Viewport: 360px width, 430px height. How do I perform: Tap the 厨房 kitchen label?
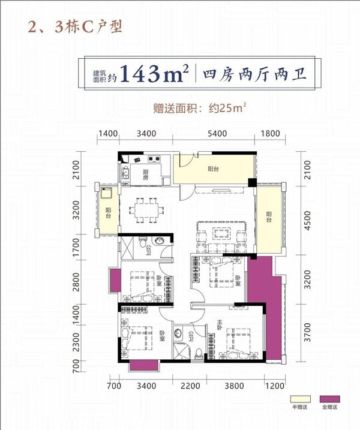[145, 175]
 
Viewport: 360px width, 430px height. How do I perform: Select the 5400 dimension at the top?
[217, 134]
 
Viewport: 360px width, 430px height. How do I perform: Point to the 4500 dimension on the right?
[308, 221]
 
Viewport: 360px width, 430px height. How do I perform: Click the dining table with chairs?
[147, 211]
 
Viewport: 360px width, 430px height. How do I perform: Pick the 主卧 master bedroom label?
[219, 324]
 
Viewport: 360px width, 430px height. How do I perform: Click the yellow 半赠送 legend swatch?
[301, 399]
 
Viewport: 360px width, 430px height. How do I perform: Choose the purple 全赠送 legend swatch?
[330, 399]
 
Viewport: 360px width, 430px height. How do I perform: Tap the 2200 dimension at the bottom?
[190, 386]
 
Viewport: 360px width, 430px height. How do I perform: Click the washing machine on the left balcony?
[106, 193]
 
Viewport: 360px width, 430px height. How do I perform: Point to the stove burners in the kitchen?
[154, 158]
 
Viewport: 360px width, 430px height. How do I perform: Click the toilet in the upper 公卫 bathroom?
[142, 242]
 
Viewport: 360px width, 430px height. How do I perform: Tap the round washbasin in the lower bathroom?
[178, 333]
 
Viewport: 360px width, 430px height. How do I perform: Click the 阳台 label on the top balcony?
[213, 169]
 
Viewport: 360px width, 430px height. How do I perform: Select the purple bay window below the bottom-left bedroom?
[144, 366]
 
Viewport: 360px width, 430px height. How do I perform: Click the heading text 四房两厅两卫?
[255, 74]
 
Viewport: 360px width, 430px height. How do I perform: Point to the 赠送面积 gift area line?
[199, 108]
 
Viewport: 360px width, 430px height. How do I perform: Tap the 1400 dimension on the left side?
[76, 314]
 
